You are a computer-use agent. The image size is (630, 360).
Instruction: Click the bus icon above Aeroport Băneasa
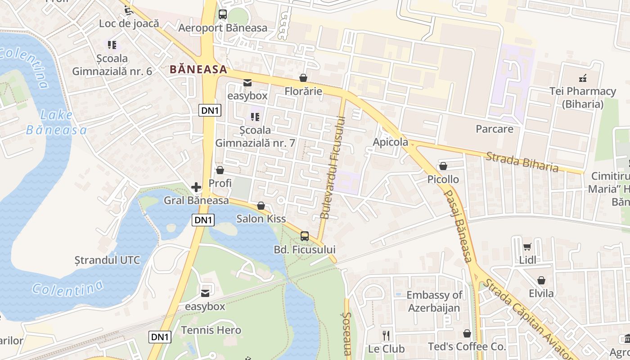223,14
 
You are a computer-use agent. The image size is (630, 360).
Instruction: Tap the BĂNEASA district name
198,70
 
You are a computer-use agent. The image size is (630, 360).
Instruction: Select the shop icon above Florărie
303,78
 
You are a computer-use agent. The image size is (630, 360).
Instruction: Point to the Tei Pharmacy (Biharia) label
583,98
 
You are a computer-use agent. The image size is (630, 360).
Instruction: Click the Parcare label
495,129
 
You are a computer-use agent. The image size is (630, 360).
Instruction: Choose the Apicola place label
390,142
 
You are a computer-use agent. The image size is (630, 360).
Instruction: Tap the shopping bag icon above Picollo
443,166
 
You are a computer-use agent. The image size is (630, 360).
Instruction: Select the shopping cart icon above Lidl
527,247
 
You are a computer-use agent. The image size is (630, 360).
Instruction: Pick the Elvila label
541,293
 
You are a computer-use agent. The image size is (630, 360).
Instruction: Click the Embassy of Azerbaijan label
434,301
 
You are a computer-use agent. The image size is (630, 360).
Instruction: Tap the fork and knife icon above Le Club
386,335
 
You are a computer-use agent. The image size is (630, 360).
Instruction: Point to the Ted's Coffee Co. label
467,347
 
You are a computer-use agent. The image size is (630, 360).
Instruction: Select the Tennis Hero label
211,330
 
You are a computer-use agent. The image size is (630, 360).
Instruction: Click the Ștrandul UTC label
107,260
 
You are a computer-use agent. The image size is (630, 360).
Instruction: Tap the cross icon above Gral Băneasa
196,187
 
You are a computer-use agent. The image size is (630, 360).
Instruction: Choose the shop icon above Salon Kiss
261,206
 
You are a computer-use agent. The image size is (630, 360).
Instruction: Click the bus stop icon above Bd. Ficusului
305,236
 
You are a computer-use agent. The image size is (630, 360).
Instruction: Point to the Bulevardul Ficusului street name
332,167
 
